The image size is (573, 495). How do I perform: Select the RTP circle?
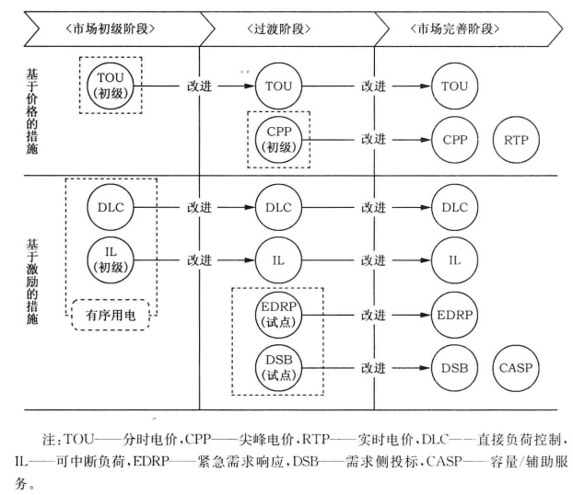[x=518, y=139]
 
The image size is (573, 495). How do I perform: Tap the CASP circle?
[x=518, y=367]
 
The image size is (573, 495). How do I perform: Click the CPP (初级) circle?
[x=278, y=139]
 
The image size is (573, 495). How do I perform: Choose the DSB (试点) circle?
[x=278, y=367]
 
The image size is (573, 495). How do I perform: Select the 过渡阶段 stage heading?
[x=287, y=27]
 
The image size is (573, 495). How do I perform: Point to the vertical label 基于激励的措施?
[x=35, y=277]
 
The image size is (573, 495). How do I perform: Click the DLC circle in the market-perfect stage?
[x=454, y=207]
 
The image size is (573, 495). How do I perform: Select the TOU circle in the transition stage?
[x=278, y=86]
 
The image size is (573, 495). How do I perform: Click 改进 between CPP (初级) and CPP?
[x=373, y=139]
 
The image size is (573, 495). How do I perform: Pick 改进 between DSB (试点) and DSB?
[x=373, y=367]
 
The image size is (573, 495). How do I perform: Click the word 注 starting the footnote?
[x=80, y=431]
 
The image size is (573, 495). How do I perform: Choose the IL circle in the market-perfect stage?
[x=454, y=260]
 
